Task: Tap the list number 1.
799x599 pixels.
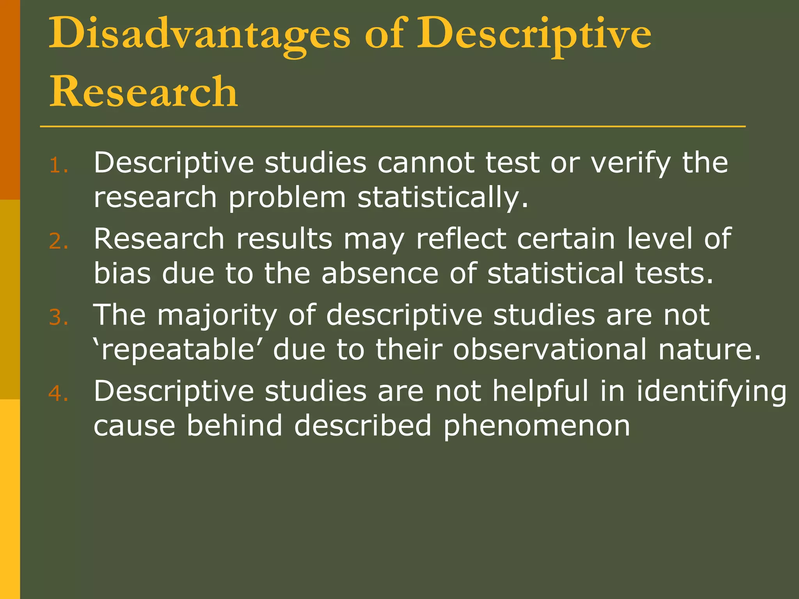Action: click(x=59, y=166)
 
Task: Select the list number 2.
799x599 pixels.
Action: click(x=59, y=241)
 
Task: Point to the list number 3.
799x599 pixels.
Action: click(x=59, y=317)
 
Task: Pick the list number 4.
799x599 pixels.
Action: click(x=59, y=393)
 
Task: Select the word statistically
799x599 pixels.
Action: click(x=443, y=197)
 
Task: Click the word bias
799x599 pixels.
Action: click(x=122, y=273)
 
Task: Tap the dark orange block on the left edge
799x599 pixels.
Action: click(x=10, y=99)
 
